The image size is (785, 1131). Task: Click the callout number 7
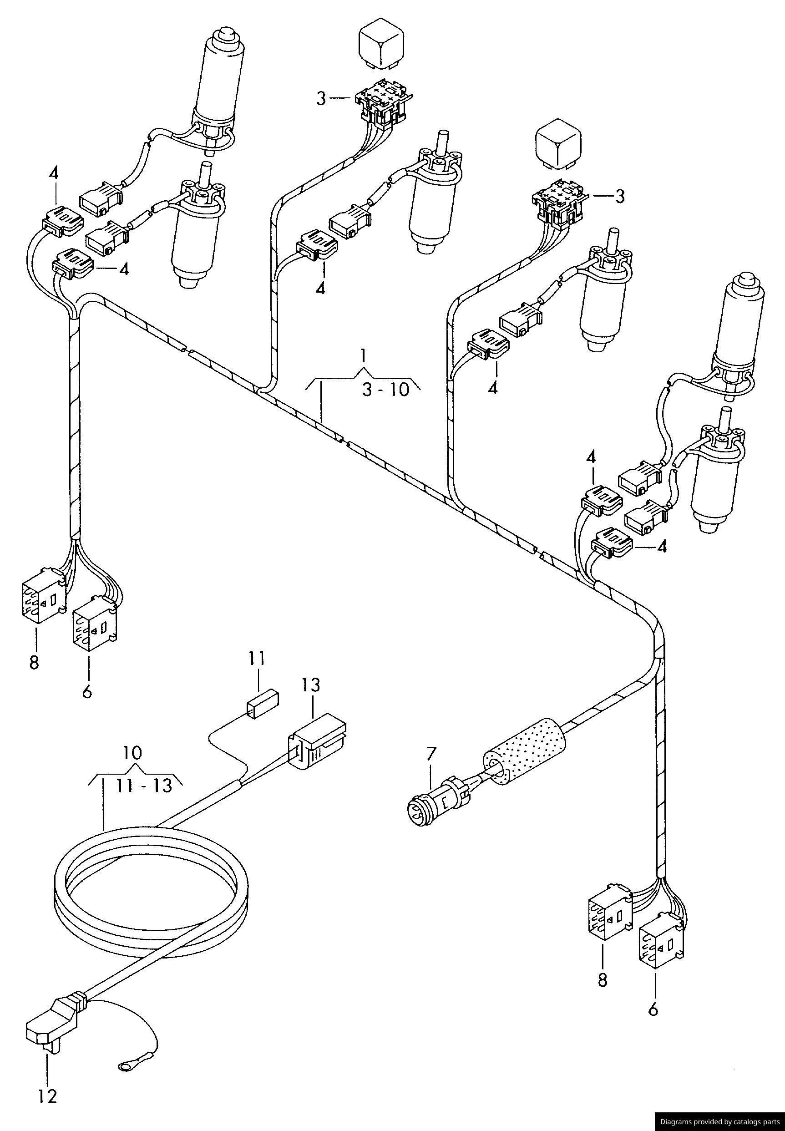pos(431,753)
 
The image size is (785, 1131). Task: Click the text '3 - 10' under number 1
pos(385,390)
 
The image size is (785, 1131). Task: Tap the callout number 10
pos(133,753)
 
